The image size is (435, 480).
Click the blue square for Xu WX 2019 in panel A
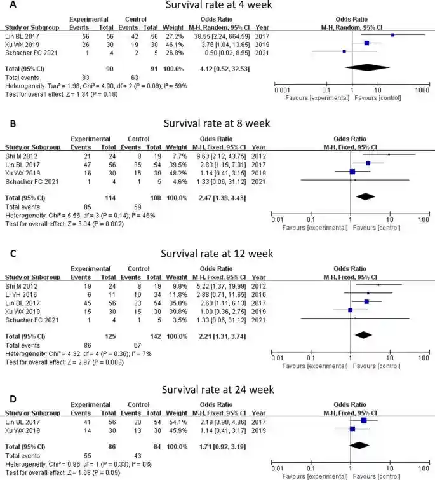[x=367, y=43]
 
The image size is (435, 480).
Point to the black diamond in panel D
[x=360, y=445]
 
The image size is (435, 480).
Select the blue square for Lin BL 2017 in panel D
[x=363, y=420]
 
